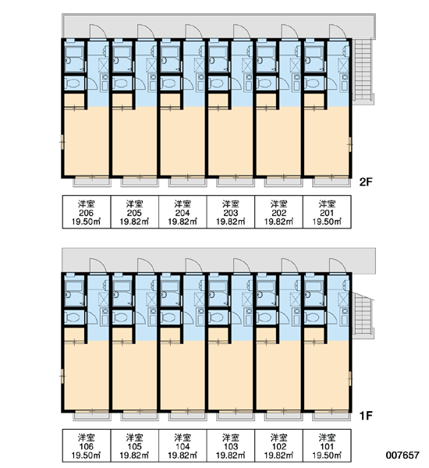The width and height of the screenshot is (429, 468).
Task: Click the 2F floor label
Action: point(366,182)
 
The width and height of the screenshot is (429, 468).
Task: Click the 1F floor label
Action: point(366,415)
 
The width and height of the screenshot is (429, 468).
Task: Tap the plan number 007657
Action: point(402,455)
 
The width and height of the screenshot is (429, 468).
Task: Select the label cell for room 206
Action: point(87,212)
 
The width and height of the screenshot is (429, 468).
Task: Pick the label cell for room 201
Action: point(327,212)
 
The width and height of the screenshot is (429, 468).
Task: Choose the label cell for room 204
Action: point(183,212)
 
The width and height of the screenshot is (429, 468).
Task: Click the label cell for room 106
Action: point(87,445)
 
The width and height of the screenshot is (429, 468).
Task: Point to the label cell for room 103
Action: point(231,445)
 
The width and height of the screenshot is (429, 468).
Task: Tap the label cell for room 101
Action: point(327,445)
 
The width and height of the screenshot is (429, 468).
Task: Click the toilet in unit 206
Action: point(73,83)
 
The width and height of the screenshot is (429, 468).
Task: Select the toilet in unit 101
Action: point(313,317)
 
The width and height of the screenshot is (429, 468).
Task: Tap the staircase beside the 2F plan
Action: point(363,70)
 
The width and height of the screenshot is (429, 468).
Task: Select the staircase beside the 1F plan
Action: point(363,315)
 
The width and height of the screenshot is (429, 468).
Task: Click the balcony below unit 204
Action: point(188,182)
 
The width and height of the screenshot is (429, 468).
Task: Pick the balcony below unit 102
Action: point(284,416)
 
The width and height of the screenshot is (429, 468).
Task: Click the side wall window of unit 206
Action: point(62,142)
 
